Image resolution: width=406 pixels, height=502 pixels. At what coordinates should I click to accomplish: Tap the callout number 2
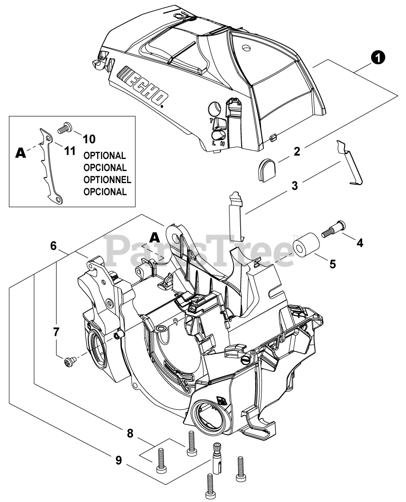297,151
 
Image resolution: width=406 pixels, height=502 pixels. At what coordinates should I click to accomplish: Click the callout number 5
333,264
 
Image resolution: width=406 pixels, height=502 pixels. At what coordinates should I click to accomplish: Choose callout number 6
54,246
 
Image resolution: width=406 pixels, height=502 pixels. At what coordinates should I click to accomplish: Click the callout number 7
56,332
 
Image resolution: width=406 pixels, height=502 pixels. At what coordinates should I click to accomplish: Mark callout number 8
130,434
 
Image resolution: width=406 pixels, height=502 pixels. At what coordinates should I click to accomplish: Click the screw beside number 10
65,129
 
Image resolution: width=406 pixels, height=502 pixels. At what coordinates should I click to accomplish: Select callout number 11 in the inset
70,151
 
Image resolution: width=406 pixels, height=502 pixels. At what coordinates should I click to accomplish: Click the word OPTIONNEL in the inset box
107,180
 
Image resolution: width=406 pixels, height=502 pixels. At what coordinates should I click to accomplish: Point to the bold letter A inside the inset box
21,153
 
